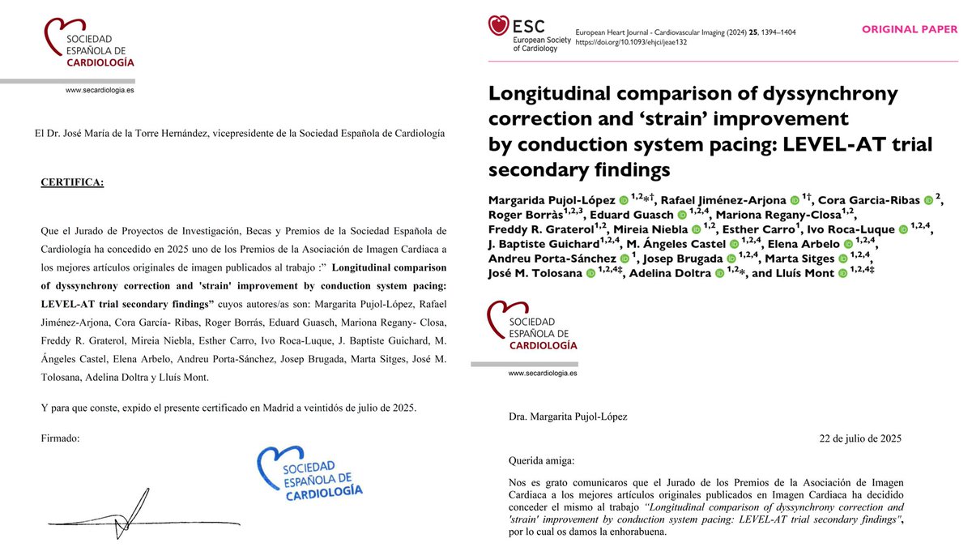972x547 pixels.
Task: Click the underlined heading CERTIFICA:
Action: [x=72, y=182]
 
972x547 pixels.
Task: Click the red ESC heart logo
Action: [x=498, y=25]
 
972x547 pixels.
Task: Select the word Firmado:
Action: [x=61, y=438]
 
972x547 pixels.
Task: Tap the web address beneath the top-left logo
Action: [x=100, y=92]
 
